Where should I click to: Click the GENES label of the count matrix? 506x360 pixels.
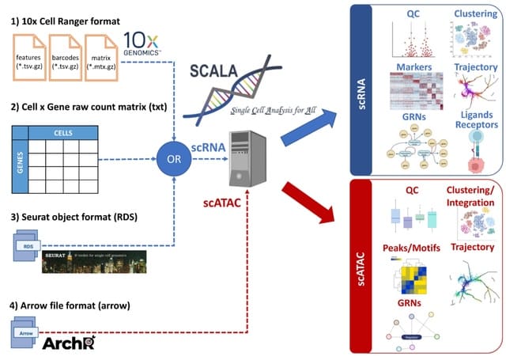coord(22,157)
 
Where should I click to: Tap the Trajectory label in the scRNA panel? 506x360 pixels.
coord(475,67)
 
